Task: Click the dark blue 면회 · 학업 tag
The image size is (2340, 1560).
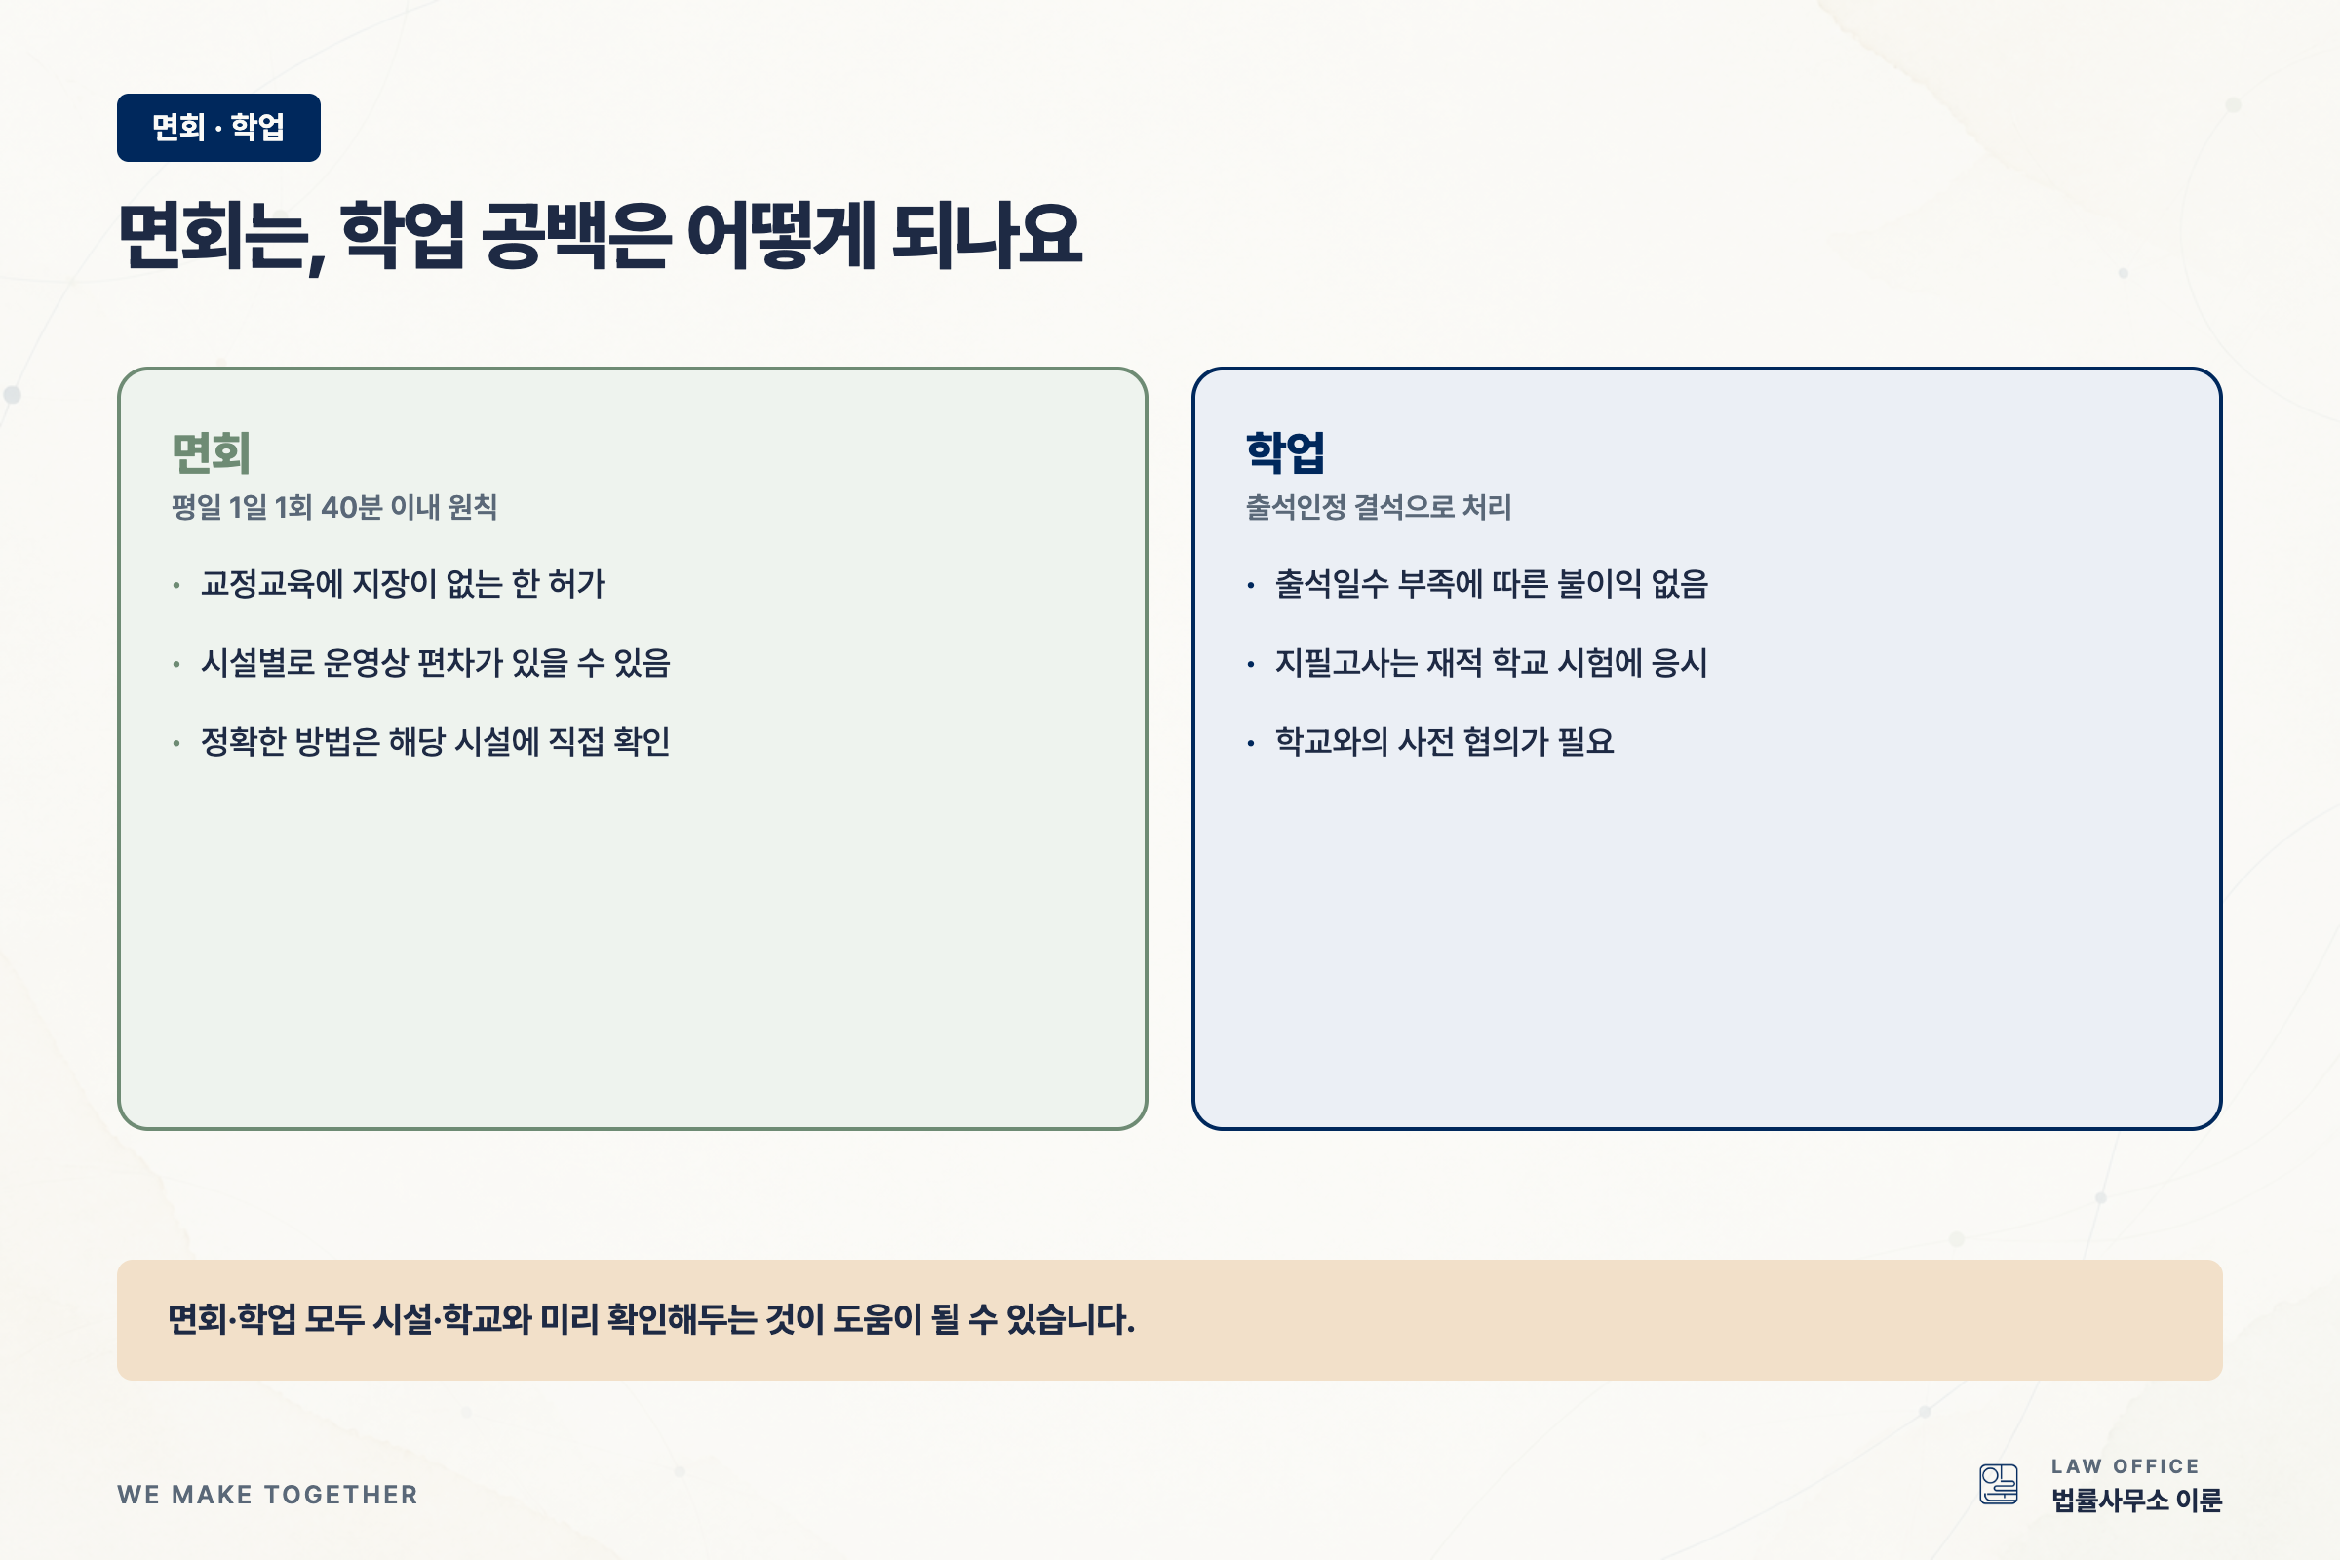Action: click(218, 128)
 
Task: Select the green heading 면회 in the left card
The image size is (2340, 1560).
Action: click(211, 452)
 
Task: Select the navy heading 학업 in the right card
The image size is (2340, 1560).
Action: click(1285, 452)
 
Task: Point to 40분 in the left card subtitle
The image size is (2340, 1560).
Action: click(351, 507)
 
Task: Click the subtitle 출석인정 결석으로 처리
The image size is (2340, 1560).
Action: click(1378, 507)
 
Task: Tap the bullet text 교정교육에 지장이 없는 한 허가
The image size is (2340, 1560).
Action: click(403, 584)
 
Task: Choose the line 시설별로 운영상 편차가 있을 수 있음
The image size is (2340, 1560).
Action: click(436, 663)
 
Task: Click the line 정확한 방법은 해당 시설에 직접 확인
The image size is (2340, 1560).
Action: click(436, 741)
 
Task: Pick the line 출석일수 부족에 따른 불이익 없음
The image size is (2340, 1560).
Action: click(1492, 584)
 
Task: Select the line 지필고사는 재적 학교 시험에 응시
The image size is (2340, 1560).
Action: click(1492, 663)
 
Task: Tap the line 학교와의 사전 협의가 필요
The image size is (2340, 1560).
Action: click(1445, 741)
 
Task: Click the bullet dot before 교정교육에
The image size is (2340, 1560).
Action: click(176, 585)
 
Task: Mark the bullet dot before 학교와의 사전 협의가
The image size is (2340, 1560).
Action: click(1251, 743)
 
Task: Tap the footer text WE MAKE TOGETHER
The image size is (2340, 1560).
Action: click(267, 1495)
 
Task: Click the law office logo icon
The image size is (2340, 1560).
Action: click(1999, 1484)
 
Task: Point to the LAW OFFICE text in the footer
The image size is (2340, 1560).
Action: click(2125, 1466)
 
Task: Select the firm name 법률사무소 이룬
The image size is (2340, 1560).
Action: click(2136, 1501)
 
